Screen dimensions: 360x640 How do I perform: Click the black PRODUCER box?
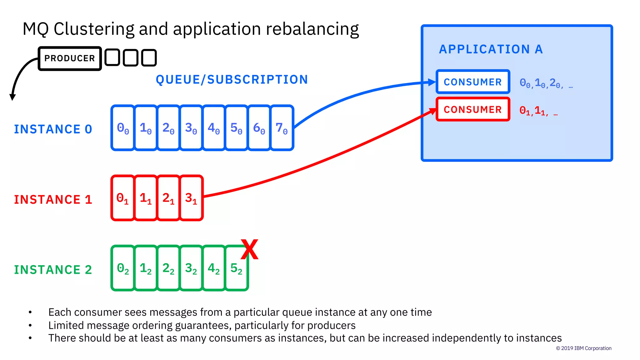pos(70,58)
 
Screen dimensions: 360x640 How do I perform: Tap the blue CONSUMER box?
pos(473,82)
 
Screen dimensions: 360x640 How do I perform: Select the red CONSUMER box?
pos(473,109)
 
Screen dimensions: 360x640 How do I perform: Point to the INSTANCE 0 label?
pos(53,129)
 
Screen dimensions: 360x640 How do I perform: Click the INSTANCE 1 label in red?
pos(53,200)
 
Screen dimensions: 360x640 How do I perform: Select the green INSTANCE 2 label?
pos(53,270)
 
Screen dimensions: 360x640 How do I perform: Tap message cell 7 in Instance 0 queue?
pos(282,128)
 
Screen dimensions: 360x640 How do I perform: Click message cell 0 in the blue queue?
pos(123,128)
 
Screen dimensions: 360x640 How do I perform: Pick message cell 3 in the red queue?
pos(191,198)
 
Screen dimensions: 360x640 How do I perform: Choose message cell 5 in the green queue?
pos(237,268)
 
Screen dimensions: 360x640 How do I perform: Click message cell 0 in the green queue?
pos(123,268)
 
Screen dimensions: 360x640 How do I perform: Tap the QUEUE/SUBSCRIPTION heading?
pos(232,80)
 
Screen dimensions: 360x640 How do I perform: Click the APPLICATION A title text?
pos(491,49)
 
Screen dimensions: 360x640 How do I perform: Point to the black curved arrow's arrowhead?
pos(12,97)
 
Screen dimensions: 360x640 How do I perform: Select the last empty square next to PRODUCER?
pos(149,58)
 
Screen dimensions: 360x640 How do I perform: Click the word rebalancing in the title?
pos(312,29)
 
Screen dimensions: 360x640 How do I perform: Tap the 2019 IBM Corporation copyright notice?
pos(583,348)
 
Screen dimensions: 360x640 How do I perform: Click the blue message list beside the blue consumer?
pos(546,83)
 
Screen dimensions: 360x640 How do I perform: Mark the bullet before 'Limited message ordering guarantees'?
pos(30,325)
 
